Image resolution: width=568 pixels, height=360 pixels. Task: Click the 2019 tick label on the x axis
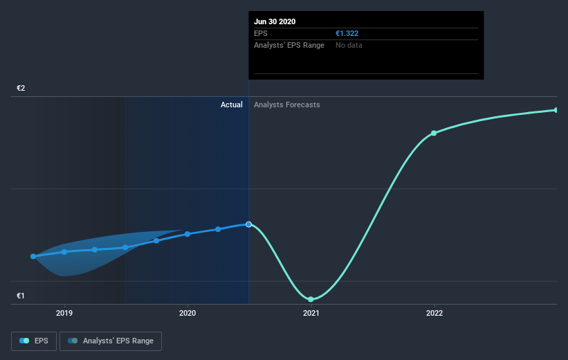pyautogui.click(x=64, y=313)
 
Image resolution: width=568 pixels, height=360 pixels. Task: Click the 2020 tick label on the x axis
pyautogui.click(x=187, y=313)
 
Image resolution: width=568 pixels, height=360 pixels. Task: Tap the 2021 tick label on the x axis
pyautogui.click(x=311, y=313)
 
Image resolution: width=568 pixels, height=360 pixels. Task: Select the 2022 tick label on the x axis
pyautogui.click(x=434, y=313)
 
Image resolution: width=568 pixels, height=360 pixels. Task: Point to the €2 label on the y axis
pyautogui.click(x=21, y=89)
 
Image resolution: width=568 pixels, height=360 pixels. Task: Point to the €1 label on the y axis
pyautogui.click(x=21, y=296)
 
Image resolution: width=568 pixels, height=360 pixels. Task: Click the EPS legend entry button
pyautogui.click(x=34, y=341)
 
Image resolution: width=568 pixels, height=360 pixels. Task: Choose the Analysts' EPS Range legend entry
pyautogui.click(x=111, y=341)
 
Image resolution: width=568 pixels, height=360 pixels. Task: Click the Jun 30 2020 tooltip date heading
pyautogui.click(x=275, y=21)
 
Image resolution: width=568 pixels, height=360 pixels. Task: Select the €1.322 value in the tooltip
pyautogui.click(x=347, y=33)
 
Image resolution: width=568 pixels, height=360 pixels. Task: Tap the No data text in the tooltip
pyautogui.click(x=349, y=45)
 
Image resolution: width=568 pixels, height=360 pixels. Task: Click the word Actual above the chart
pyautogui.click(x=231, y=105)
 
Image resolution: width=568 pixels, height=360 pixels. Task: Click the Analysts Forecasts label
pyautogui.click(x=287, y=105)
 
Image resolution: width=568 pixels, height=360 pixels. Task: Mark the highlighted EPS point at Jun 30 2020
pyautogui.click(x=249, y=224)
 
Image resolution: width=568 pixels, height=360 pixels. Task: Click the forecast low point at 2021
pyautogui.click(x=311, y=299)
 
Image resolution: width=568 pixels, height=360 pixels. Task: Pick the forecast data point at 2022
pyautogui.click(x=434, y=133)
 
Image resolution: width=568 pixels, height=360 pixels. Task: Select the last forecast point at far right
pyautogui.click(x=556, y=110)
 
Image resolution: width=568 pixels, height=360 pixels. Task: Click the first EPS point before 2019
pyautogui.click(x=33, y=256)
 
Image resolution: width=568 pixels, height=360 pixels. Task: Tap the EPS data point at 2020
pyautogui.click(x=187, y=234)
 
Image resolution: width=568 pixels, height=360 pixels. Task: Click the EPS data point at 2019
pyautogui.click(x=64, y=251)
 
